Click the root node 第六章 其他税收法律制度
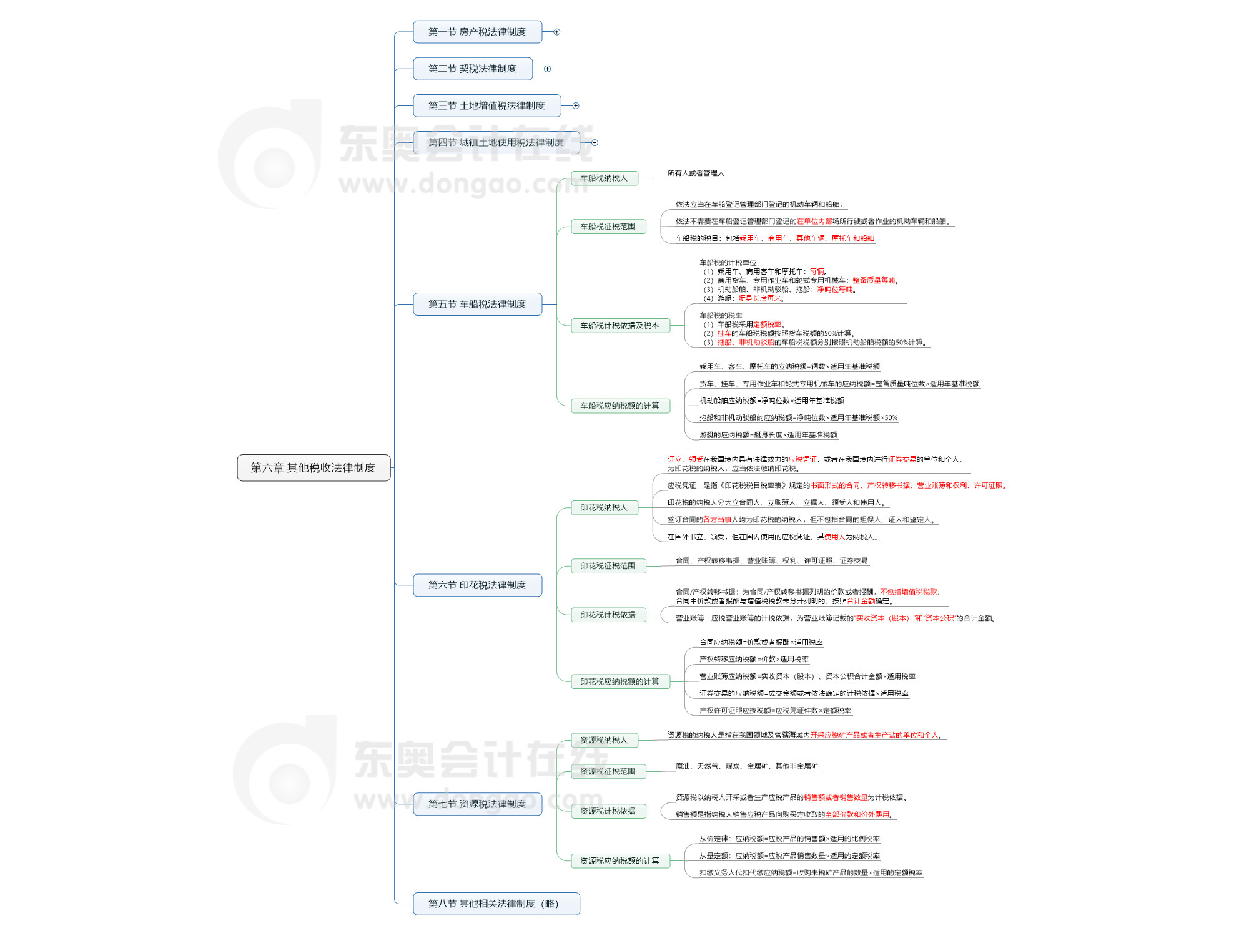(313, 468)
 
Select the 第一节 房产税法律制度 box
(477, 32)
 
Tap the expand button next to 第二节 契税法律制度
(548, 69)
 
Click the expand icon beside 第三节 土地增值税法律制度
(576, 106)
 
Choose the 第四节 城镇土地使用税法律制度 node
(496, 143)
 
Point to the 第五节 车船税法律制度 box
(477, 305)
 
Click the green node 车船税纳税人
(604, 178)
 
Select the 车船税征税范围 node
(608, 227)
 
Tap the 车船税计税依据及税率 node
(620, 326)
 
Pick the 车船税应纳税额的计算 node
(620, 406)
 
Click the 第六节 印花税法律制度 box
(477, 585)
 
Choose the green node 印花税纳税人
(604, 508)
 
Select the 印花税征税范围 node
(608, 566)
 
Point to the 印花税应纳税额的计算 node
(620, 681)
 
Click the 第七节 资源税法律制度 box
(477, 804)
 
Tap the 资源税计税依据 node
(608, 811)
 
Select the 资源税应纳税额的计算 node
(620, 861)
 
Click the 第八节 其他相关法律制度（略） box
(496, 904)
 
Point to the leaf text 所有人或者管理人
(696, 173)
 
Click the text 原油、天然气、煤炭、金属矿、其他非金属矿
(746, 766)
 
